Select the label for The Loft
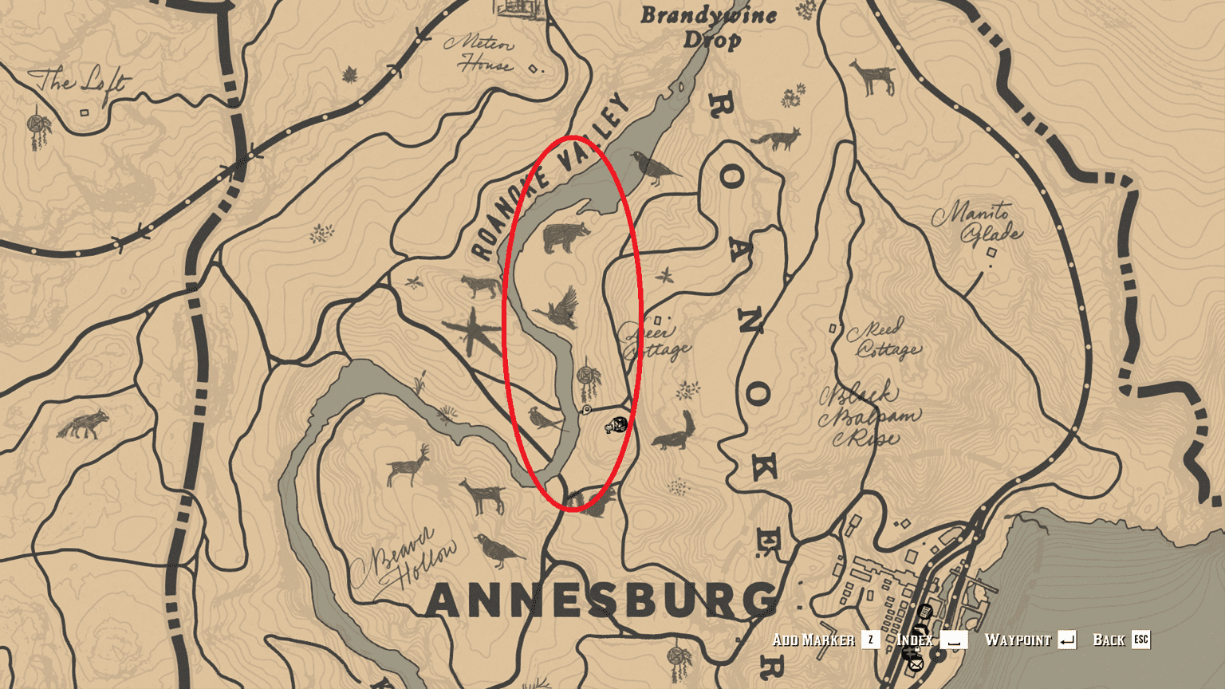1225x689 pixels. [77, 81]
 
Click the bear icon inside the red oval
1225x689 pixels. [565, 238]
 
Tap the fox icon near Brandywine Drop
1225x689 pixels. [776, 140]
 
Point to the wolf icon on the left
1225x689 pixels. [83, 424]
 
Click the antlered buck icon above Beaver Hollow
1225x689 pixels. [408, 466]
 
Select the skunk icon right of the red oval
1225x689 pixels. [675, 433]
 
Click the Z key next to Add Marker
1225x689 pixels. [870, 640]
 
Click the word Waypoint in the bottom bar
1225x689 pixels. [1018, 640]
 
